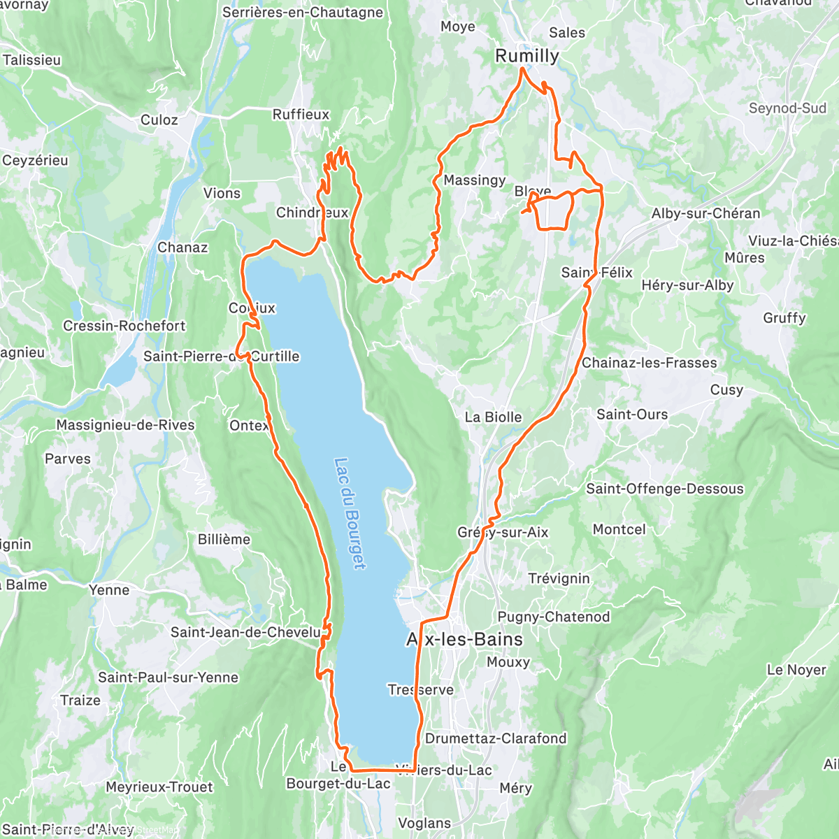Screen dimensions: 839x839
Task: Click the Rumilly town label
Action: coord(527,56)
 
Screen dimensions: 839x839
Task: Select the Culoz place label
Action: coord(159,120)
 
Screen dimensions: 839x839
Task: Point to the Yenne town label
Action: coord(109,590)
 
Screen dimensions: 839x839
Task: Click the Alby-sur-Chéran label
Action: coord(705,213)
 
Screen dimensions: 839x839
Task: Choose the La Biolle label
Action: coord(493,417)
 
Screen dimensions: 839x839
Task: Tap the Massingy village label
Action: coord(474,180)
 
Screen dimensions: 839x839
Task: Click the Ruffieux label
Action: coord(301,114)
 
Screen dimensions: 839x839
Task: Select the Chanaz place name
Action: coord(182,248)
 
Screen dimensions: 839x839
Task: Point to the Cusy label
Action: coord(726,390)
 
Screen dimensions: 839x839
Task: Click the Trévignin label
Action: coord(559,579)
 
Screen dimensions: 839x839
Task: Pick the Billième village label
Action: coord(224,539)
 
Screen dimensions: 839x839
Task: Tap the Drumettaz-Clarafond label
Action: coord(496,738)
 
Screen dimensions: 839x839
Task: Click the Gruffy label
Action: coord(784,318)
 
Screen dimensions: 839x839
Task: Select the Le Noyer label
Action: coord(796,670)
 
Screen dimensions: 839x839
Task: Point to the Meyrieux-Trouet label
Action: coord(159,787)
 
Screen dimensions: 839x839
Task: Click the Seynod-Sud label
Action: coord(787,108)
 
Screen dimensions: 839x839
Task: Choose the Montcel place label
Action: coord(619,529)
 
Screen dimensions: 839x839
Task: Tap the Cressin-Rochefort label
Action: coord(124,326)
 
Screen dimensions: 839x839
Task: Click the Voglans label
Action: coord(424,823)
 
